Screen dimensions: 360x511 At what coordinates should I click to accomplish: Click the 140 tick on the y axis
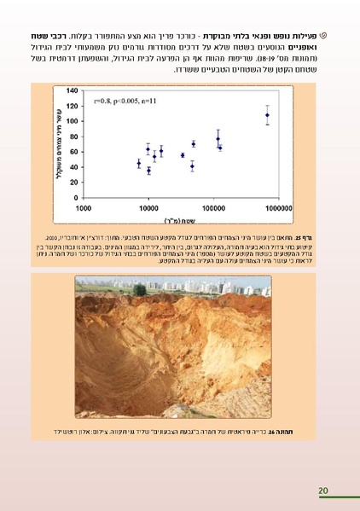[x=73, y=90]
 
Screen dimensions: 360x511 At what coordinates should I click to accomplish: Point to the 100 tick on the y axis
[x=73, y=121]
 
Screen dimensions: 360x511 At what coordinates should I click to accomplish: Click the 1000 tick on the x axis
[x=84, y=207]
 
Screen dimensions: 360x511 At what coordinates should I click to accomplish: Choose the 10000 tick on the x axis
[x=148, y=207]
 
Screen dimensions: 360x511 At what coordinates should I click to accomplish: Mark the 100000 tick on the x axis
[x=213, y=207]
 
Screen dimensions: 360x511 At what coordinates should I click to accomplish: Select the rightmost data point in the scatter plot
[x=267, y=115]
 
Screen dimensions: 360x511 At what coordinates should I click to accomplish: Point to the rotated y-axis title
[x=61, y=140]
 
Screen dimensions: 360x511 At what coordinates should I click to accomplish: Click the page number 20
[x=322, y=491]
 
